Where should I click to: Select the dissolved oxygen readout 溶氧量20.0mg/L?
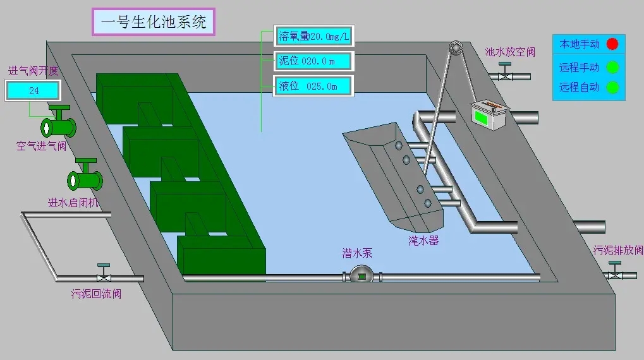313,37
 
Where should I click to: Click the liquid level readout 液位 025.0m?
313,86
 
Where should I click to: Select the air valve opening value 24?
33,91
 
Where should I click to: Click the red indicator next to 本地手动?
612,44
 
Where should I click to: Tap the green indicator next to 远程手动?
612,67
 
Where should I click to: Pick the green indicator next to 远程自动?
612,87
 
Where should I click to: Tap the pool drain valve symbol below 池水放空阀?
505,75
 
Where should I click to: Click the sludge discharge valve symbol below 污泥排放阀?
615,274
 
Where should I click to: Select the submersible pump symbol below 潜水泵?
361,276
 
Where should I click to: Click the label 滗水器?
423,240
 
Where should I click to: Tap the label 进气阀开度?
33,70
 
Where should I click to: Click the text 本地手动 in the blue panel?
579,44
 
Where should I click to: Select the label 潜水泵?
357,253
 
